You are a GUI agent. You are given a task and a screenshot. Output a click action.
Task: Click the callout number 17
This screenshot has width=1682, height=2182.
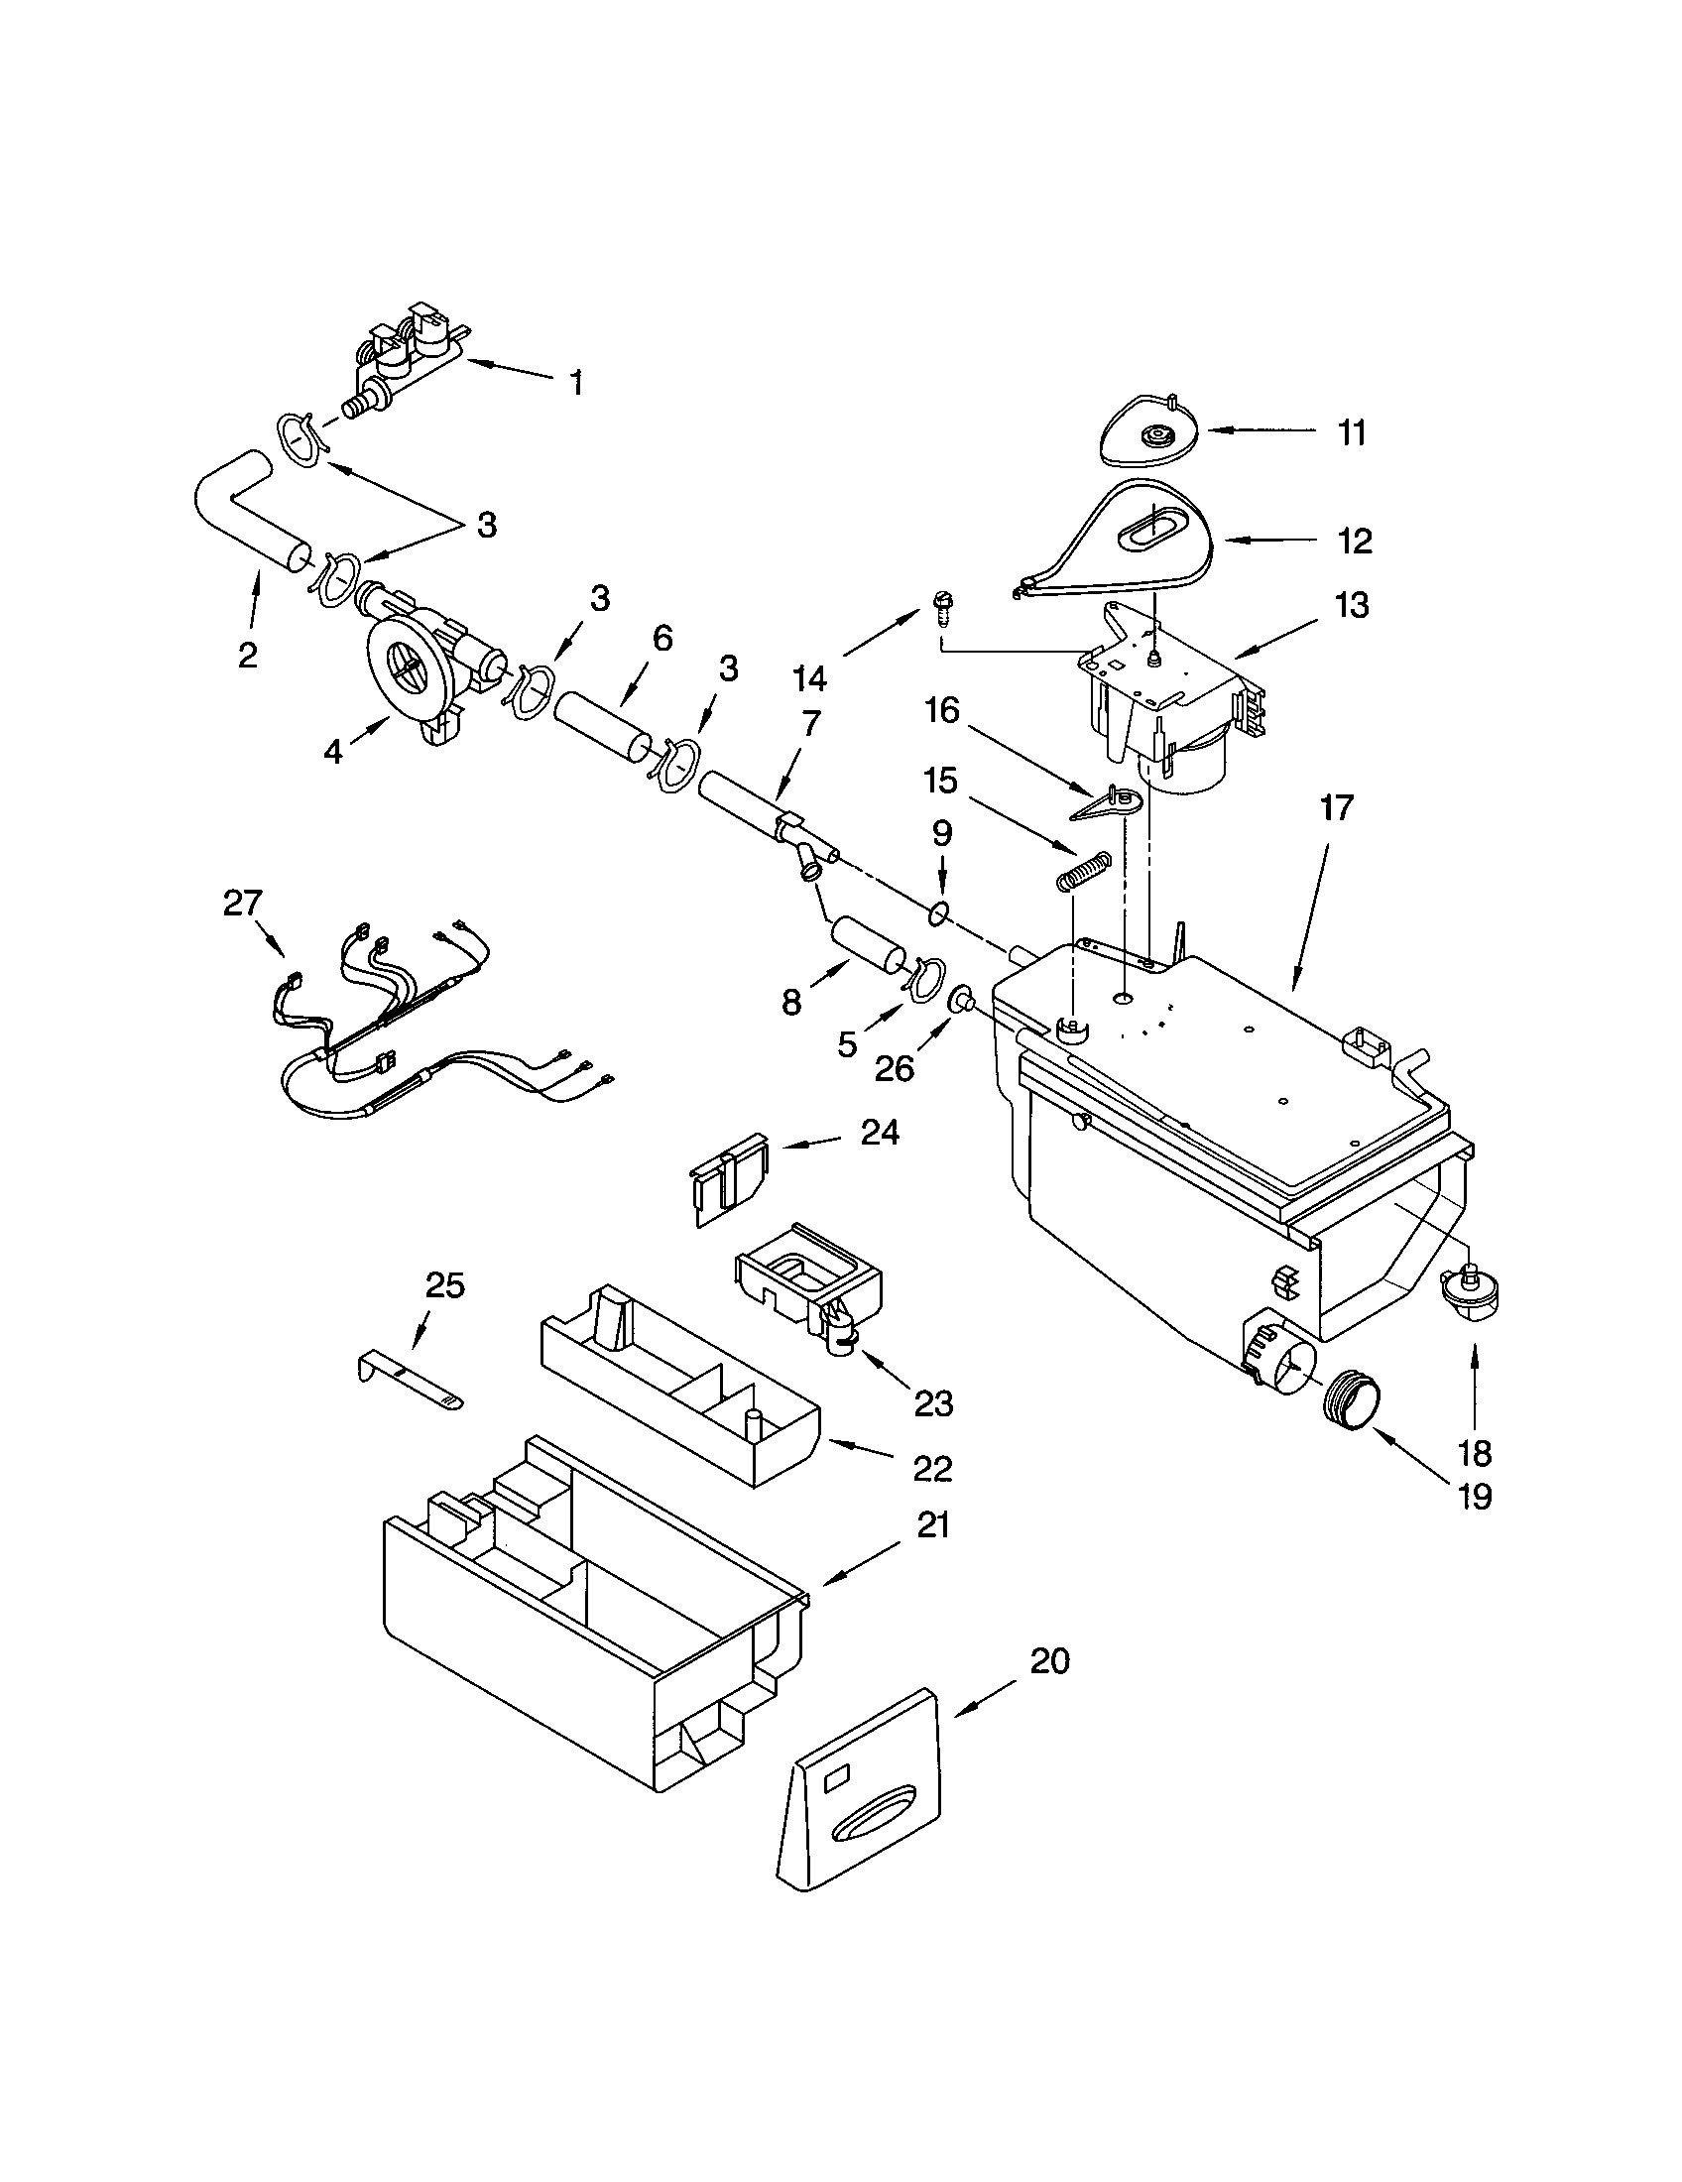1337,807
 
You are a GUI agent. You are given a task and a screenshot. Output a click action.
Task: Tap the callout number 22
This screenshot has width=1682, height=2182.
933,1468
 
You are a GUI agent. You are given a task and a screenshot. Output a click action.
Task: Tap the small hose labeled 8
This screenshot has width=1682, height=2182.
865,944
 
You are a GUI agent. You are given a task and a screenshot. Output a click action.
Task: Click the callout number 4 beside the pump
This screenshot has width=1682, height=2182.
332,753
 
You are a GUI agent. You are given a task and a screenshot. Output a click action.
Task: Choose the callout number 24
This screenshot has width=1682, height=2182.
879,1133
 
